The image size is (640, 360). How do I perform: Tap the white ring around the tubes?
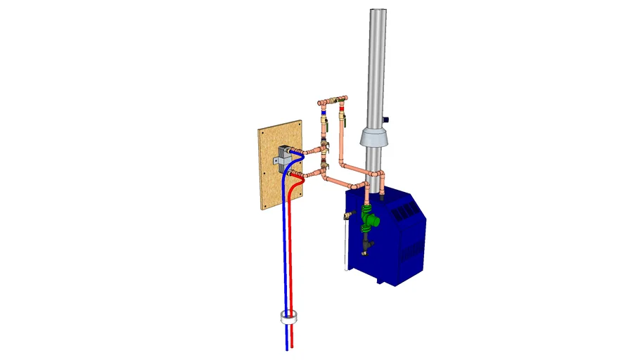point(288,318)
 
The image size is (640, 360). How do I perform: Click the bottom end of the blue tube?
point(287,348)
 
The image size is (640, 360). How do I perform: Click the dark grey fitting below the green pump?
point(367,245)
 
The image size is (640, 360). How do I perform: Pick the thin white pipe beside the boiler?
point(343,246)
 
